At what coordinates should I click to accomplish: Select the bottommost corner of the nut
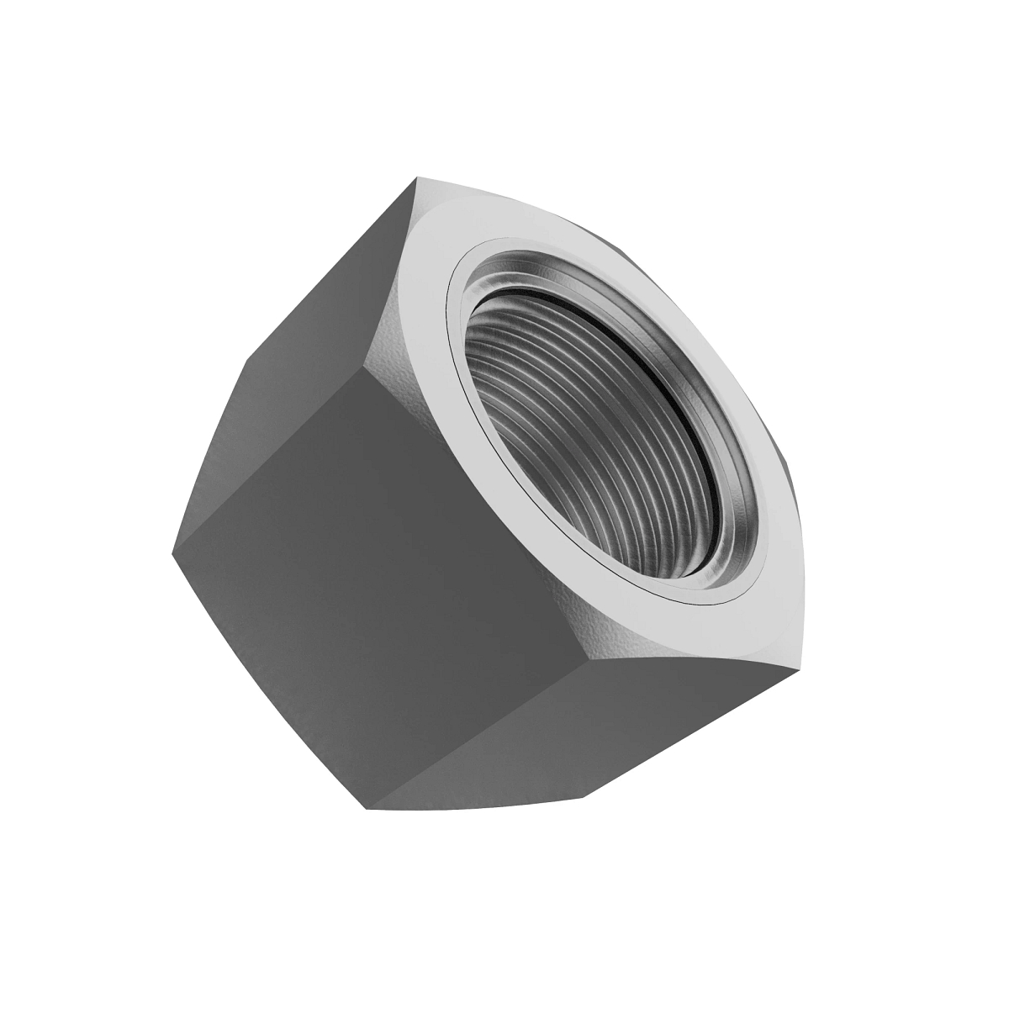tap(367, 810)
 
